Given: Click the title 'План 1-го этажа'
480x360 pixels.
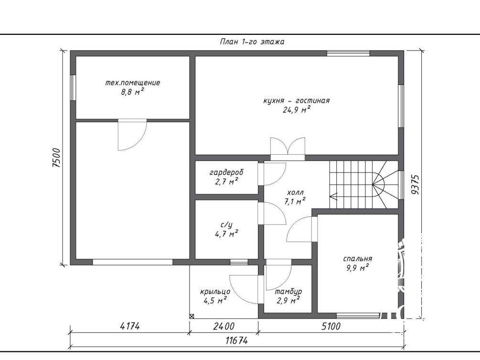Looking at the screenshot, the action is [x=252, y=42].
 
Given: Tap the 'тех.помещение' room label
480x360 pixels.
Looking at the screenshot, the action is [x=133, y=83].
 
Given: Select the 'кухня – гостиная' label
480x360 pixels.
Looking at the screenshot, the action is [x=296, y=101].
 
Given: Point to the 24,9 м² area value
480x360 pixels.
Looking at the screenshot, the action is [x=296, y=110].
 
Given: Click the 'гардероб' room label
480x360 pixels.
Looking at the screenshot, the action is [x=226, y=173].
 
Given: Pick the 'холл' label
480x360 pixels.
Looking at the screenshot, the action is [x=295, y=192].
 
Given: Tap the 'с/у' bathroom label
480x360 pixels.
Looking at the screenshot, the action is [x=226, y=225].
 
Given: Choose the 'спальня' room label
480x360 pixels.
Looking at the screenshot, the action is [x=358, y=259].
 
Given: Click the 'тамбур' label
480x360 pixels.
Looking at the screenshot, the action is [x=288, y=291].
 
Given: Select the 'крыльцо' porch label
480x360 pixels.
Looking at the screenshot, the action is [x=215, y=291].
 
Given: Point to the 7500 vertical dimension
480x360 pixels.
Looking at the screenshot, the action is [x=56, y=158].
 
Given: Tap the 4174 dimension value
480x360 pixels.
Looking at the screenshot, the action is [x=130, y=326].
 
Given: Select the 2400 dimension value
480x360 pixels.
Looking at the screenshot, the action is [x=224, y=326].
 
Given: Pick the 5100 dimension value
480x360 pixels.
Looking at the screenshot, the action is [x=331, y=326].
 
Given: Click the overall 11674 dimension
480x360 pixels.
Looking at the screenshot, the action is [x=236, y=340].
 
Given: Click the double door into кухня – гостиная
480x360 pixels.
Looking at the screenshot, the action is [x=288, y=149].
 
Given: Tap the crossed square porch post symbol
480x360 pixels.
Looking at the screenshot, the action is [x=192, y=316].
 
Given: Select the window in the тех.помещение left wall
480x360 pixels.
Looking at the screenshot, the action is [x=73, y=87].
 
